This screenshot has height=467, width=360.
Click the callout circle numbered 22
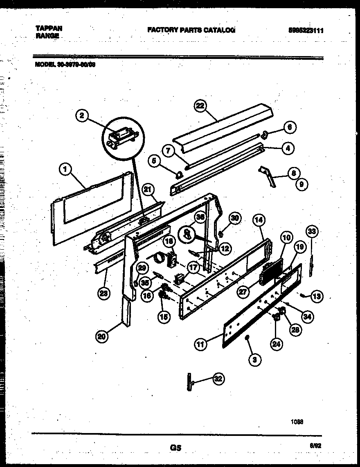pos(199,106)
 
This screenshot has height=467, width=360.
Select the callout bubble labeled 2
pos(82,116)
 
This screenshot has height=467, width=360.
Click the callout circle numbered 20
pos(102,336)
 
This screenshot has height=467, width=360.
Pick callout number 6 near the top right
pos(289,127)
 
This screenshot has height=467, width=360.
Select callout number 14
pos(259,220)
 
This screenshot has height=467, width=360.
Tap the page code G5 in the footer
pos(175,448)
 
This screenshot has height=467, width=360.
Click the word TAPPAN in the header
pos(49,28)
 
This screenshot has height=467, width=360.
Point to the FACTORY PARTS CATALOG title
pos(191,30)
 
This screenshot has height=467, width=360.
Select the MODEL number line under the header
pos(65,64)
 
